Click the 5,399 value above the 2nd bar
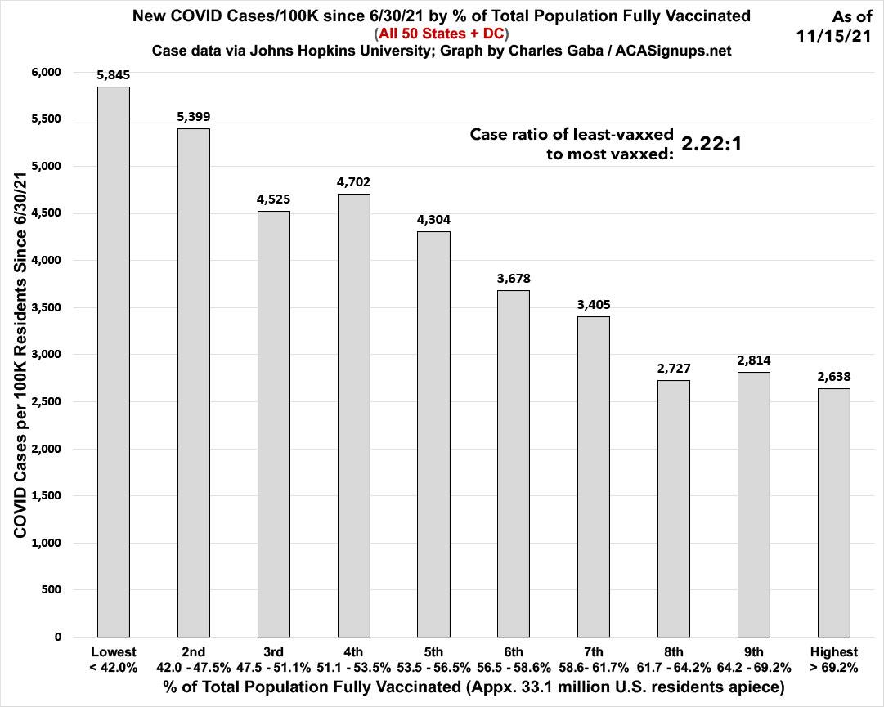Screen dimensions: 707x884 [193, 117]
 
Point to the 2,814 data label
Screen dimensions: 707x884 [753, 360]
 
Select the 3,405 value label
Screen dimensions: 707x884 [593, 304]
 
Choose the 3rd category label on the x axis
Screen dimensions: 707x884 [273, 651]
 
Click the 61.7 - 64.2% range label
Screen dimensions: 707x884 [673, 666]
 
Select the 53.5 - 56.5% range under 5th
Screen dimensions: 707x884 [433, 666]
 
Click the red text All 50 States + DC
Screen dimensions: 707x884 [442, 34]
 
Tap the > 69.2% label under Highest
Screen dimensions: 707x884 [833, 666]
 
